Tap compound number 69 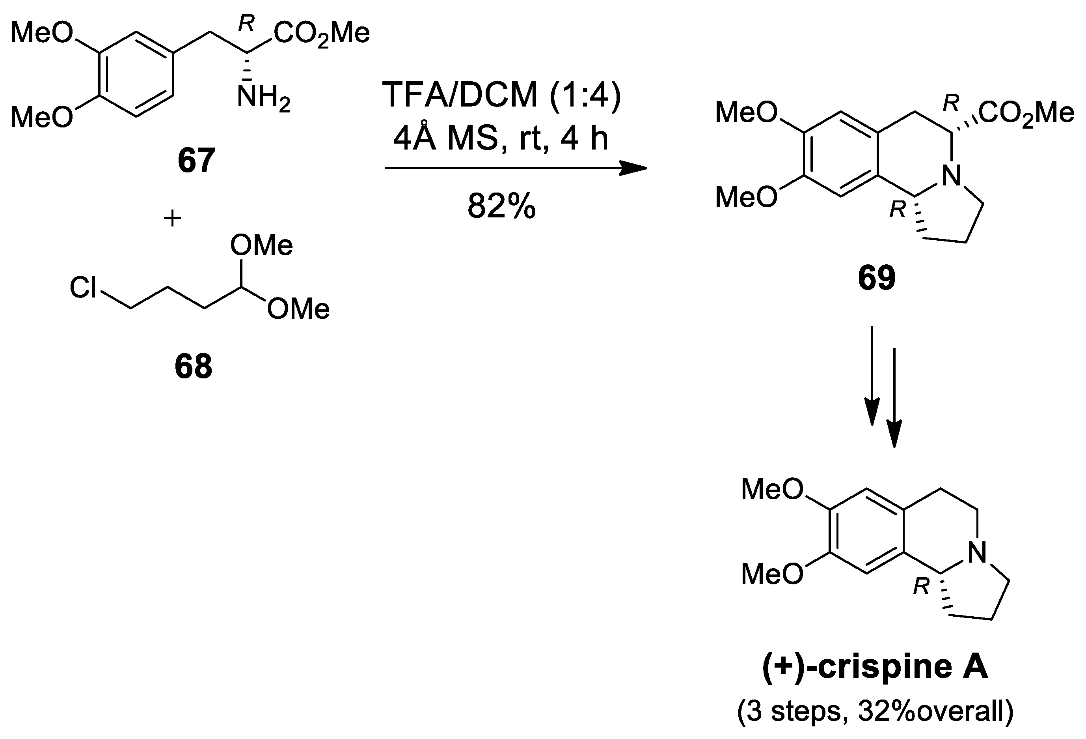[877, 278]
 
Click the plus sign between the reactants [172, 218]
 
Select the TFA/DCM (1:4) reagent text [501, 95]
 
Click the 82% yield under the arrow [501, 206]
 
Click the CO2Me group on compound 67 [322, 34]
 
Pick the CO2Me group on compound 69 [1026, 113]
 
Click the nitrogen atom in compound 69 [952, 176]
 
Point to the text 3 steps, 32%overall [875, 711]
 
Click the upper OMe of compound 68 [262, 245]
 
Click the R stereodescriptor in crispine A [921, 586]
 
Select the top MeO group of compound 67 [42, 34]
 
